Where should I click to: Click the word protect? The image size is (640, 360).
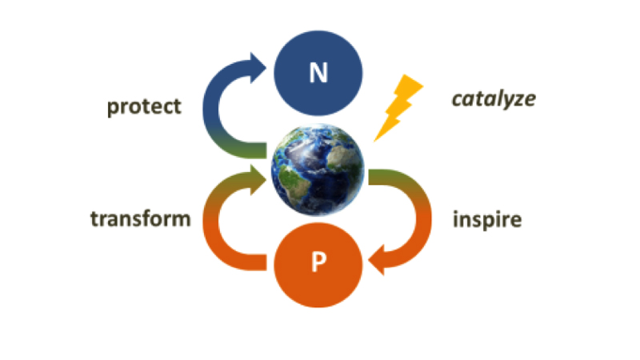click(144, 107)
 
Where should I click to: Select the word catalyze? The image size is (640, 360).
click(494, 99)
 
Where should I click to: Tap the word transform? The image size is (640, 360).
click(141, 218)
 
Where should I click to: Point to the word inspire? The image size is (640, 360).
click(487, 220)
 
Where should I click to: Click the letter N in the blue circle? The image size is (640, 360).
click(318, 73)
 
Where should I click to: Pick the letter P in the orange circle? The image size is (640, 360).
click(318, 262)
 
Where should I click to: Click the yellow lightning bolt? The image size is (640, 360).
click(398, 108)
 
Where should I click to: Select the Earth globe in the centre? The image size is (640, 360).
click(318, 170)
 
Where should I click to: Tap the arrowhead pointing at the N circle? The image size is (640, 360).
click(258, 68)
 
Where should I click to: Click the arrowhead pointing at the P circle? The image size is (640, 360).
click(376, 260)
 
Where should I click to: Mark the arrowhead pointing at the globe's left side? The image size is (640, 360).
click(258, 180)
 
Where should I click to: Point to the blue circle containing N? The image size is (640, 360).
click(318, 73)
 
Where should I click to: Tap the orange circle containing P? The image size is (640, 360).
click(318, 265)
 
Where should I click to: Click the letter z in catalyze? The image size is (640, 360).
click(520, 101)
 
